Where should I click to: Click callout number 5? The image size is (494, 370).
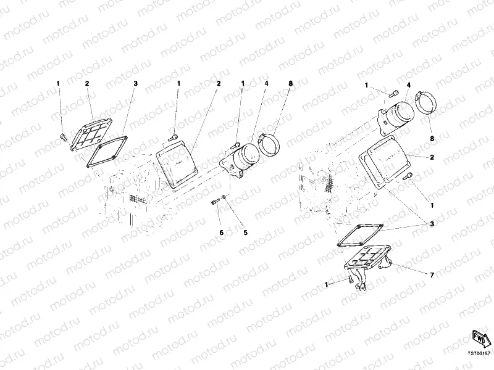(x=245, y=232)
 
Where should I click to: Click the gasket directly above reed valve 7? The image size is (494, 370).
(x=361, y=236)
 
